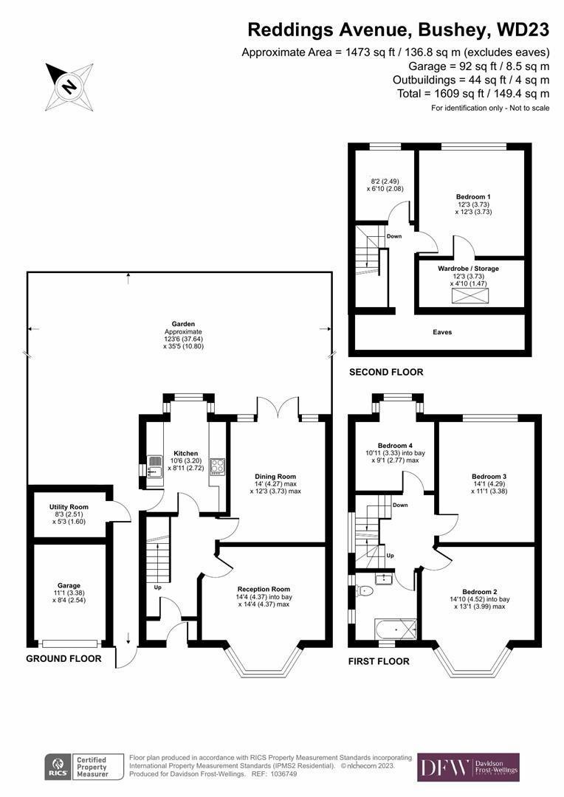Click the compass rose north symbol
click(69, 86)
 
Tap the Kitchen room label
click(185, 453)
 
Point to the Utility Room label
click(69, 507)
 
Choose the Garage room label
click(69, 585)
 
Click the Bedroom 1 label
click(473, 196)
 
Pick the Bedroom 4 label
click(395, 446)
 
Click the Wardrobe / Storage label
click(472, 268)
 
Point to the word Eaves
click(443, 332)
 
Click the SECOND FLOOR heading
click(386, 372)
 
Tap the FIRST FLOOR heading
click(379, 661)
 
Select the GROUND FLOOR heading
click(63, 658)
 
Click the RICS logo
click(58, 768)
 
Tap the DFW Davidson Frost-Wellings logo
click(468, 767)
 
